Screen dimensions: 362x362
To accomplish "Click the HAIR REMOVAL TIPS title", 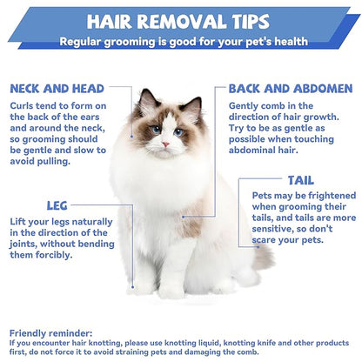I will pyautogui.click(x=181, y=20).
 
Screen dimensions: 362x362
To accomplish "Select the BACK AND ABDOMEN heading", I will pyautogui.click(x=290, y=89).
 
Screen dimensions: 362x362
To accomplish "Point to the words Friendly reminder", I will pyautogui.click(x=51, y=332).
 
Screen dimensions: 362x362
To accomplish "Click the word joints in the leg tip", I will pyautogui.click(x=29, y=245).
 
